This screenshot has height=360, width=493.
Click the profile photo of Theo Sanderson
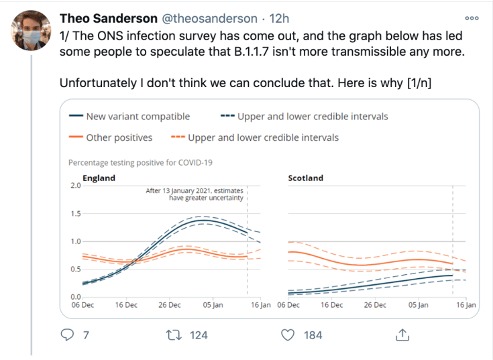click(29, 31)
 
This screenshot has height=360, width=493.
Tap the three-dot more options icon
click(472, 18)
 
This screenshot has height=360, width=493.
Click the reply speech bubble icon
click(67, 334)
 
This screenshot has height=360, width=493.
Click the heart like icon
click(288, 334)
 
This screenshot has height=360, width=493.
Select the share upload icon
click(402, 334)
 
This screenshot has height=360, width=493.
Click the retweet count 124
click(199, 335)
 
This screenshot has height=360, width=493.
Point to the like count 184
click(313, 335)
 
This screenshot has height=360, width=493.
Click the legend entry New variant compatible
click(138, 117)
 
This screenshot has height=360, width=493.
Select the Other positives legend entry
click(119, 138)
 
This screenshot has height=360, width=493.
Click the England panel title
click(99, 178)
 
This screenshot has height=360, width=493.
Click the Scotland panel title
click(305, 178)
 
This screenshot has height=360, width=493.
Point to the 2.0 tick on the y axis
click(75, 186)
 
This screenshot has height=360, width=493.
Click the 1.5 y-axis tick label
click(75, 214)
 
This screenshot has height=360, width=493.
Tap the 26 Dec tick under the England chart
click(170, 305)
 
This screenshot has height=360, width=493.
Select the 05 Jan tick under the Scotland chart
click(418, 305)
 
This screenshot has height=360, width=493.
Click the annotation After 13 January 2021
click(195, 194)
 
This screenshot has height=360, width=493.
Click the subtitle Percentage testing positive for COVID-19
click(141, 162)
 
